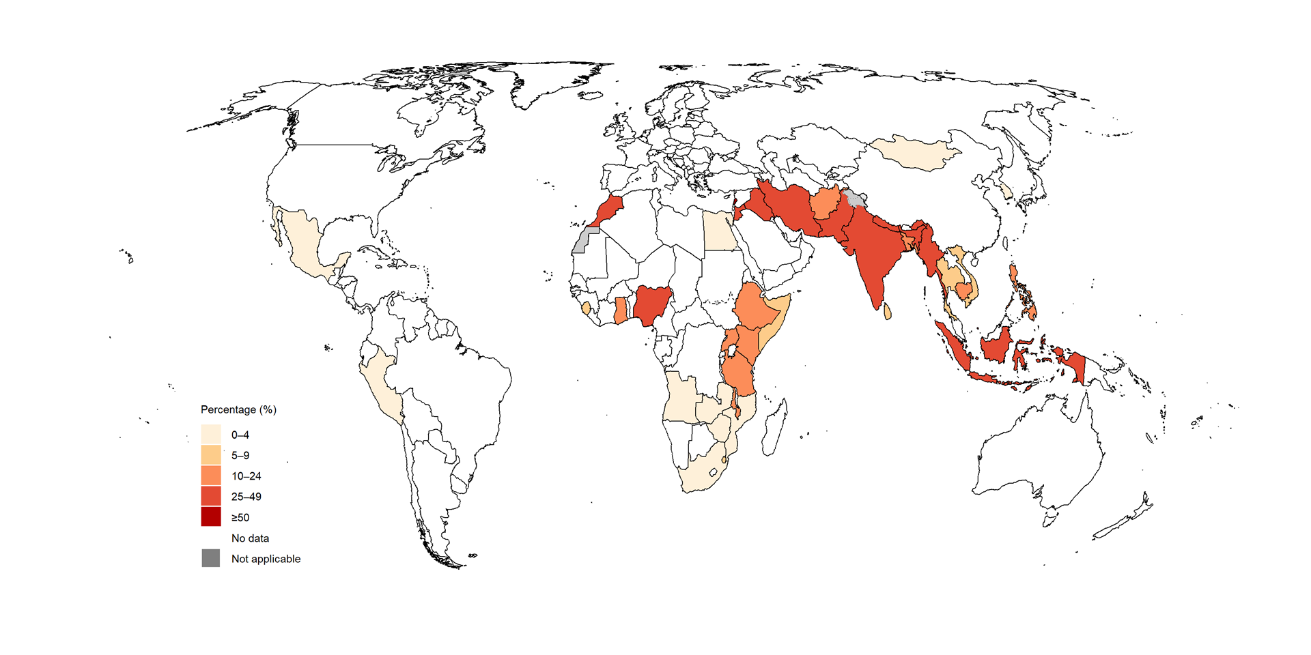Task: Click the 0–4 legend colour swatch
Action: click(x=211, y=435)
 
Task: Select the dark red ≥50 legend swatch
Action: click(x=211, y=516)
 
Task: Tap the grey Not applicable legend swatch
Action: click(x=211, y=558)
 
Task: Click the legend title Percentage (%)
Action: click(x=238, y=409)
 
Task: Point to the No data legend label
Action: click(x=250, y=538)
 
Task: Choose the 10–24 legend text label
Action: click(x=246, y=476)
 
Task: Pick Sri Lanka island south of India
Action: click(x=887, y=312)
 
